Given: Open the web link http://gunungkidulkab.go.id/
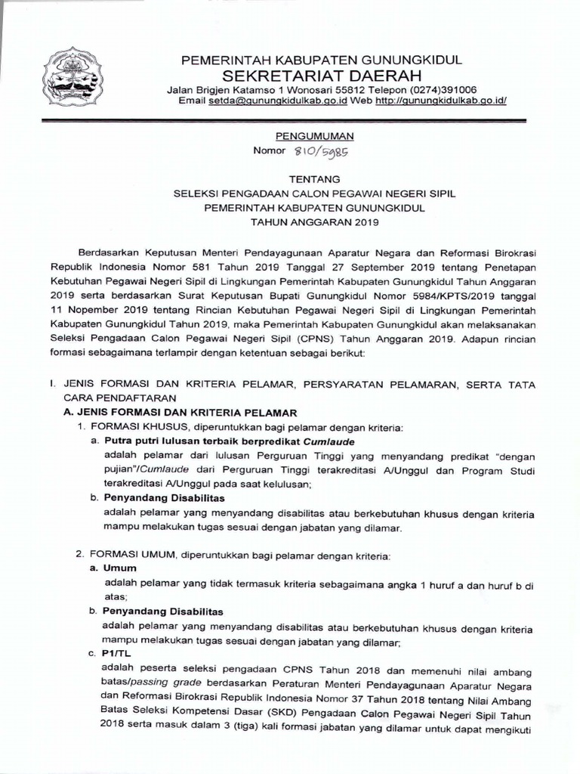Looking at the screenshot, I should tap(440, 101).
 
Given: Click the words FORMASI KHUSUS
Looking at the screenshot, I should tap(125, 427).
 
